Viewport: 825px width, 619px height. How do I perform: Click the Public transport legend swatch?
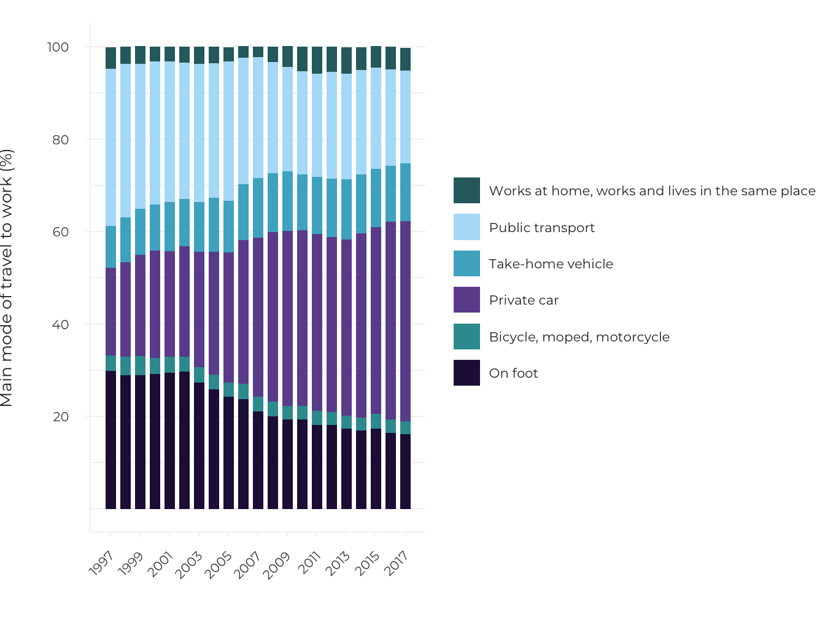pos(467,227)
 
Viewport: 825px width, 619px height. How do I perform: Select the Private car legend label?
pos(524,300)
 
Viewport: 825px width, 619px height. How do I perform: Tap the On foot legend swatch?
pos(467,373)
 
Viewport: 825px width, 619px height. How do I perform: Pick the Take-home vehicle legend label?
pos(551,264)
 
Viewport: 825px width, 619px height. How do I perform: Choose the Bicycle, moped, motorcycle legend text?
pos(579,337)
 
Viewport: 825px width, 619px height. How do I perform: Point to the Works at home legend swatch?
pos(467,190)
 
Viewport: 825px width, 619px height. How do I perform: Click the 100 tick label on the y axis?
pos(58,47)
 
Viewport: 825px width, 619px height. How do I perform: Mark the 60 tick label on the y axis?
pos(61,232)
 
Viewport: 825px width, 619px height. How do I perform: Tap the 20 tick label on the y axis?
pos(61,416)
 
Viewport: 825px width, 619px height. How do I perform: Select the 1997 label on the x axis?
pos(101,563)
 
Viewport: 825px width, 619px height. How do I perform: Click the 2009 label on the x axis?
pos(277,565)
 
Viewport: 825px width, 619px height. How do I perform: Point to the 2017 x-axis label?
pos(396,563)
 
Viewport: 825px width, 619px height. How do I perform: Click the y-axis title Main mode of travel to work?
pos(7,278)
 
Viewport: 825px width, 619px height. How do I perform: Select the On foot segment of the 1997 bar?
pos(110,440)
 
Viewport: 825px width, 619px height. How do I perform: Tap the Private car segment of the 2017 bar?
pos(405,321)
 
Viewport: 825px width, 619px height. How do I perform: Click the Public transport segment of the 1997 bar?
pos(110,147)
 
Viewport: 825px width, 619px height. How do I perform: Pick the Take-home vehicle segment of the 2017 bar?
pos(405,192)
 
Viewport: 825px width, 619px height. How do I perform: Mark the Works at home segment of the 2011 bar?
pos(317,60)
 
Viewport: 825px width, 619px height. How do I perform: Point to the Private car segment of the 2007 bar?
pos(258,317)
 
